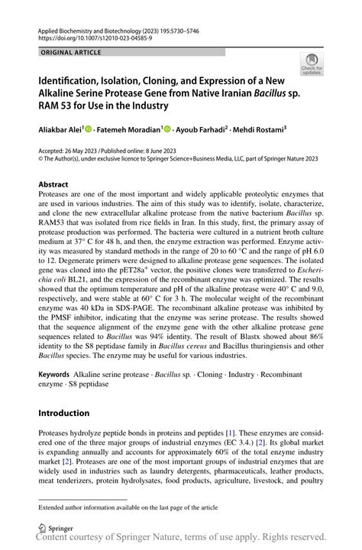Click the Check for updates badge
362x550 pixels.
pyautogui.click(x=313, y=65)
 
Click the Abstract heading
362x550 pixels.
pyautogui.click(x=53, y=185)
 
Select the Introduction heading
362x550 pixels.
pyautogui.click(x=64, y=413)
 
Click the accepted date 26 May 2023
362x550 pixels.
pyautogui.click(x=91, y=151)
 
